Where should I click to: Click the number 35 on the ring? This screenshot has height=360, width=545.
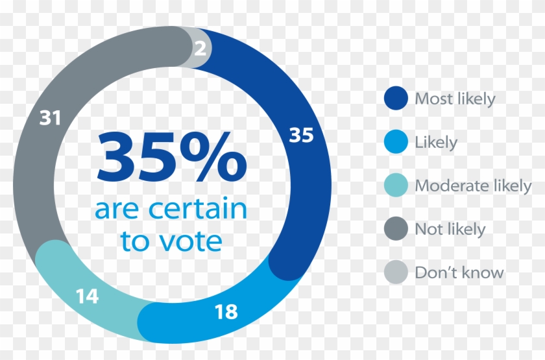300,135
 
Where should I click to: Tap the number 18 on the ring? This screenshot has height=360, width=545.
226,311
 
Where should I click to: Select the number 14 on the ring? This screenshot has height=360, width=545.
86,296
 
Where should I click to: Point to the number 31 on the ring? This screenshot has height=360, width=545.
50,118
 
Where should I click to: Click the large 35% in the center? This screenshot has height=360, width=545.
171,158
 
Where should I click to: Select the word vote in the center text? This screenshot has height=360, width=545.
192,241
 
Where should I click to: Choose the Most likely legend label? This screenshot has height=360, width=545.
455,99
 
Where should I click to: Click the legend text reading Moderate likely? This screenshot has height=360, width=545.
473,186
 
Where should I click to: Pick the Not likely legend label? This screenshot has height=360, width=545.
450,229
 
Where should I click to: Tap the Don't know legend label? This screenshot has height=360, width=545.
459,272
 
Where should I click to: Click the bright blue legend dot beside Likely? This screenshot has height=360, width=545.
396,142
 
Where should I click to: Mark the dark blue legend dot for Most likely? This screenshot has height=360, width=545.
396,99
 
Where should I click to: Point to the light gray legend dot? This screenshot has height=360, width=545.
396,272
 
